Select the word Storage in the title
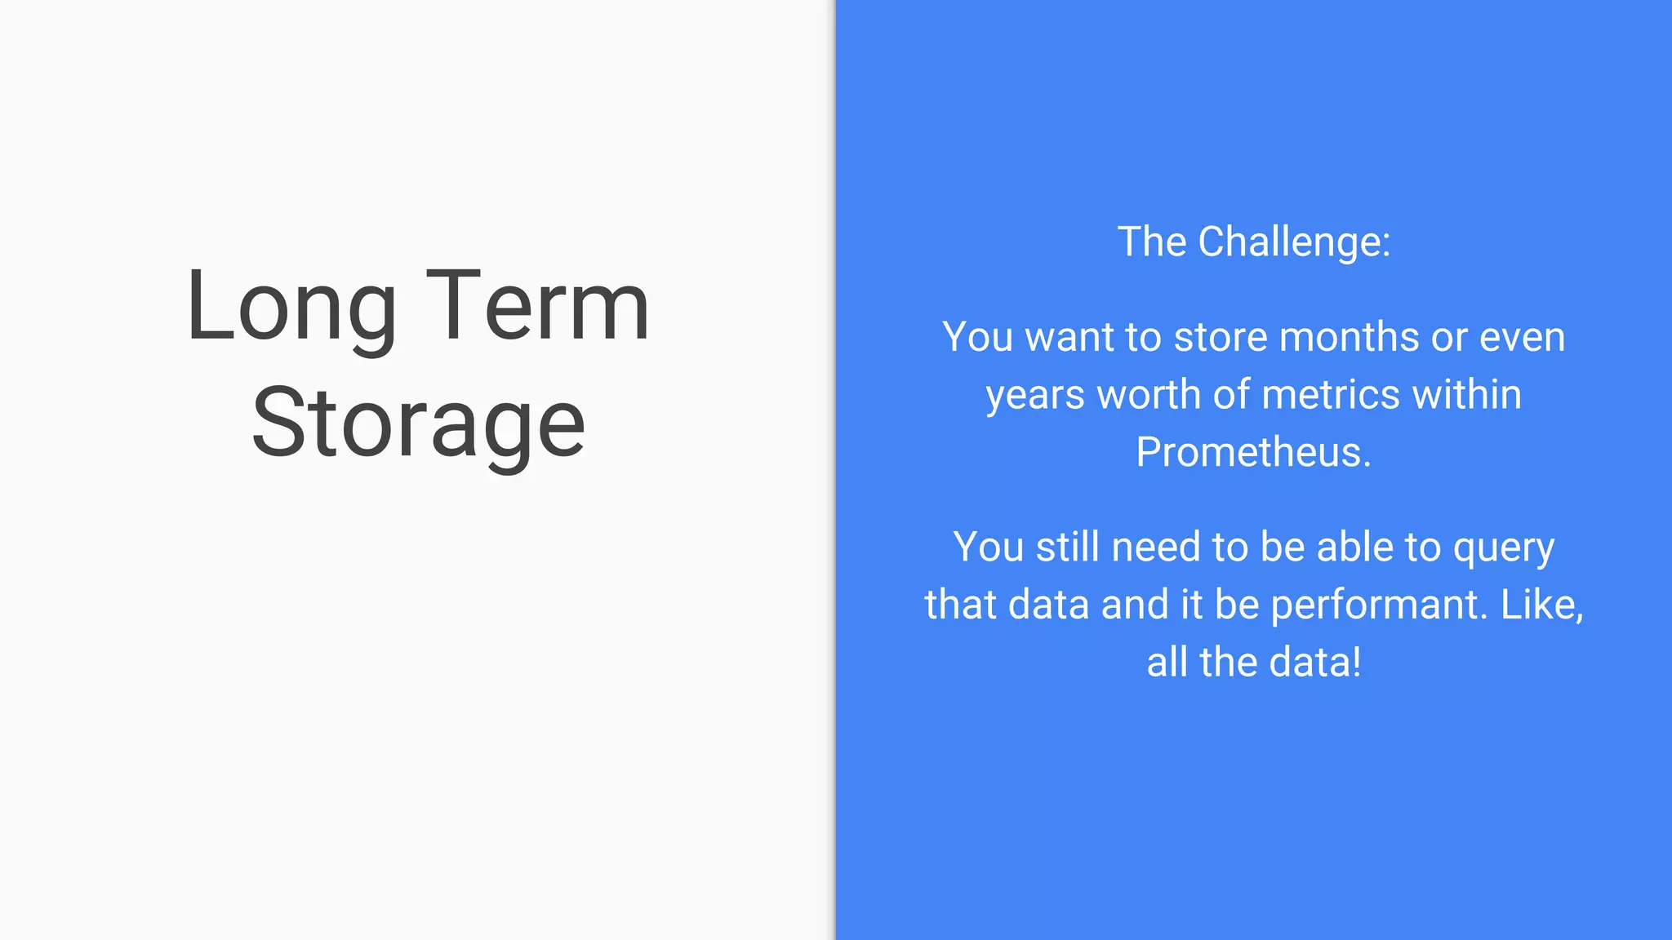pyautogui.click(x=418, y=424)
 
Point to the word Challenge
pyautogui.click(x=1294, y=242)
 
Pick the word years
pyautogui.click(x=1036, y=396)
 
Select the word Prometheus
pyautogui.click(x=1253, y=452)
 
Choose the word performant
pyautogui.click(x=1379, y=605)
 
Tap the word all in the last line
pyautogui.click(x=1167, y=662)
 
